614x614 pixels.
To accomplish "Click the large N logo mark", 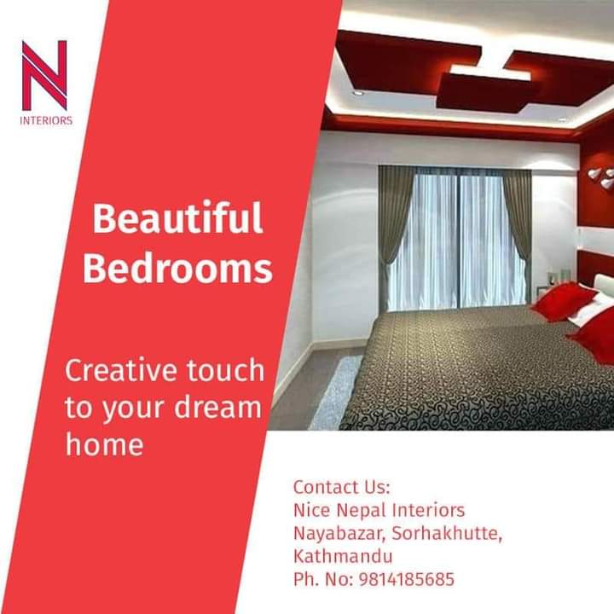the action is pos(44,75).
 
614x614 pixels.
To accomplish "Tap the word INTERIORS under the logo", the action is pos(46,120).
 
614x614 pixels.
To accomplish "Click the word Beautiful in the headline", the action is pos(177,217).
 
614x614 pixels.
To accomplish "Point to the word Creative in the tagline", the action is pos(120,370).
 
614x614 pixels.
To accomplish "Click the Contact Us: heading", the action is pos(342,487).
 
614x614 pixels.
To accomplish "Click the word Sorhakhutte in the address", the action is pos(446,533).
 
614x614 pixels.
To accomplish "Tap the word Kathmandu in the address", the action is pos(343,556).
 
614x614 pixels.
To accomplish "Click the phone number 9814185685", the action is pos(407,579).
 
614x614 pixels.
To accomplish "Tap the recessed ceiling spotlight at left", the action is pos(357,93).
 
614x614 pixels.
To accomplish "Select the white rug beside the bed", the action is pos(336,391).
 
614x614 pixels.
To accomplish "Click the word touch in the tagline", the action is pos(225,370).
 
